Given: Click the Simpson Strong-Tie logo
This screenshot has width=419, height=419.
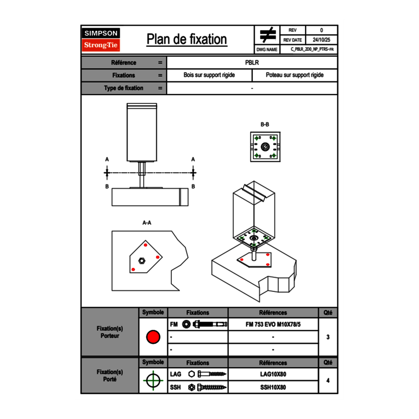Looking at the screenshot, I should tap(101, 40).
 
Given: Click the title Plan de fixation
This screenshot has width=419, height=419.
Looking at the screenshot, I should tap(187, 40).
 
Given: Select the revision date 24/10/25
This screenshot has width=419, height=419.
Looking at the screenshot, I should tap(321, 40).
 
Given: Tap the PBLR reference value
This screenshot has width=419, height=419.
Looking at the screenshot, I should tap(252, 62).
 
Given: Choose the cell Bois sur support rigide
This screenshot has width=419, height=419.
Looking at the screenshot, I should tap(209, 75).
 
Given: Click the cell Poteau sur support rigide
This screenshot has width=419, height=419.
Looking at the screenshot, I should tap(294, 75).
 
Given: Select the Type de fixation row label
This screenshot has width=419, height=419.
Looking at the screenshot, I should tap(123, 88).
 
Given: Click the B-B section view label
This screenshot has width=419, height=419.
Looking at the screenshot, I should tap(265, 124).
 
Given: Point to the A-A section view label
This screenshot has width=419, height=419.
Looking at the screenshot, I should tap(147, 222).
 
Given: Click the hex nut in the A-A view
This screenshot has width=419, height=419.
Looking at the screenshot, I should tap(141, 260).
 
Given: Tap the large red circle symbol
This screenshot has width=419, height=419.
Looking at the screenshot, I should tap(153, 337).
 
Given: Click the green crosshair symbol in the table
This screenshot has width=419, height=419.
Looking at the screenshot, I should tap(153, 380).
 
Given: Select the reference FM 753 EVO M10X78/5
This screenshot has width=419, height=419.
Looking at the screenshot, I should tap(273, 324).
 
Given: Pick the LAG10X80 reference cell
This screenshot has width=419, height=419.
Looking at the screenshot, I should tap(273, 374).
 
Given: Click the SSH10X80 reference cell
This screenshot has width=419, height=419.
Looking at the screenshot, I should tap(273, 387).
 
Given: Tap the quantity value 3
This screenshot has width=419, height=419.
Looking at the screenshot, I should tap(328, 337).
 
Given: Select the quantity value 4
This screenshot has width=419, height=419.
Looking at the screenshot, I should tap(328, 380).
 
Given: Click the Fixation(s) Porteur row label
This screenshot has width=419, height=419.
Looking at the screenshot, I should tap(110, 332).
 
